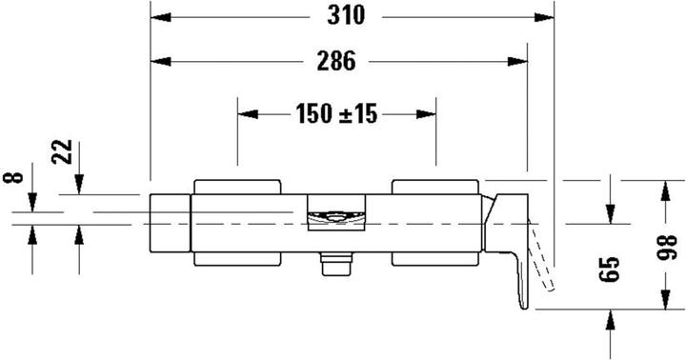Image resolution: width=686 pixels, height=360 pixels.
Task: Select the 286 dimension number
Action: (x=335, y=62)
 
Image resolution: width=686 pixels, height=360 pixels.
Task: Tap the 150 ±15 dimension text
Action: (x=336, y=114)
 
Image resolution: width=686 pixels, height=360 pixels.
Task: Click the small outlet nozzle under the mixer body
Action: (x=333, y=265)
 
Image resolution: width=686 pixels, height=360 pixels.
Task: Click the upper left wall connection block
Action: (x=237, y=185)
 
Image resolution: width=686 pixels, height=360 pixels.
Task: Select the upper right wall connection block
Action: (x=434, y=185)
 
